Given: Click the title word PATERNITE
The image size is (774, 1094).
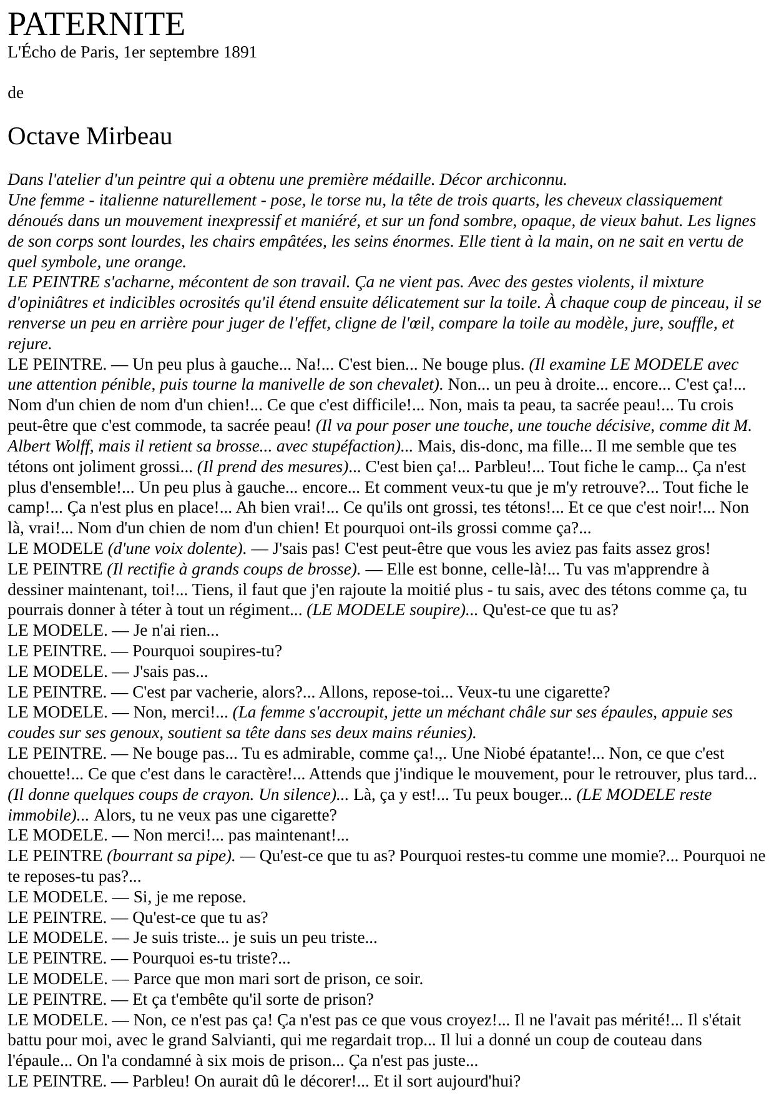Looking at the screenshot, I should [96, 25].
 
